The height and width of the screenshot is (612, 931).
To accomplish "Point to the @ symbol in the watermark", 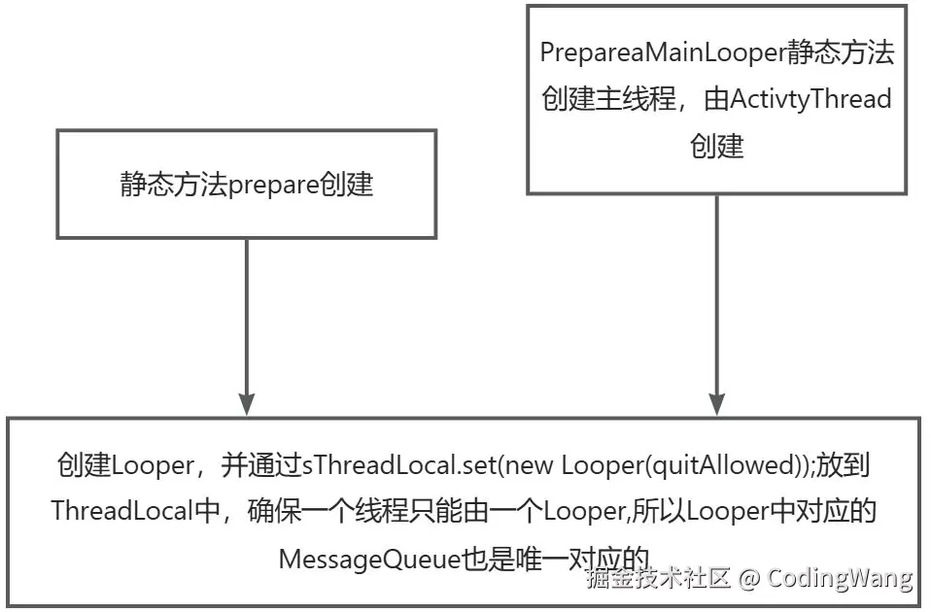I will coord(746,579).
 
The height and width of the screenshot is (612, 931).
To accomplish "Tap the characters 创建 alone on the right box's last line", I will coord(717,146).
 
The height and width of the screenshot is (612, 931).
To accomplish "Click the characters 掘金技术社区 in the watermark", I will coord(657,579).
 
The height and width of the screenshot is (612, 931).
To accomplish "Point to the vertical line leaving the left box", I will coord(247,311).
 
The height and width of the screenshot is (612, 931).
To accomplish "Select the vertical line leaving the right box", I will coord(717,291).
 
